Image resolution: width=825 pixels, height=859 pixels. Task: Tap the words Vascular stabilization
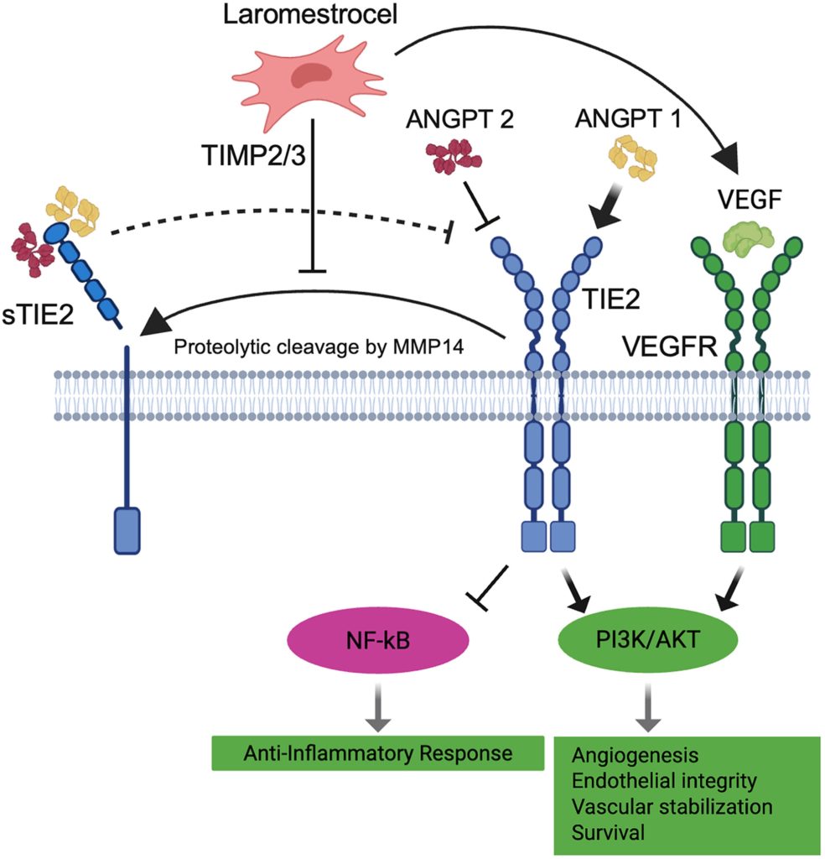(x=671, y=808)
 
